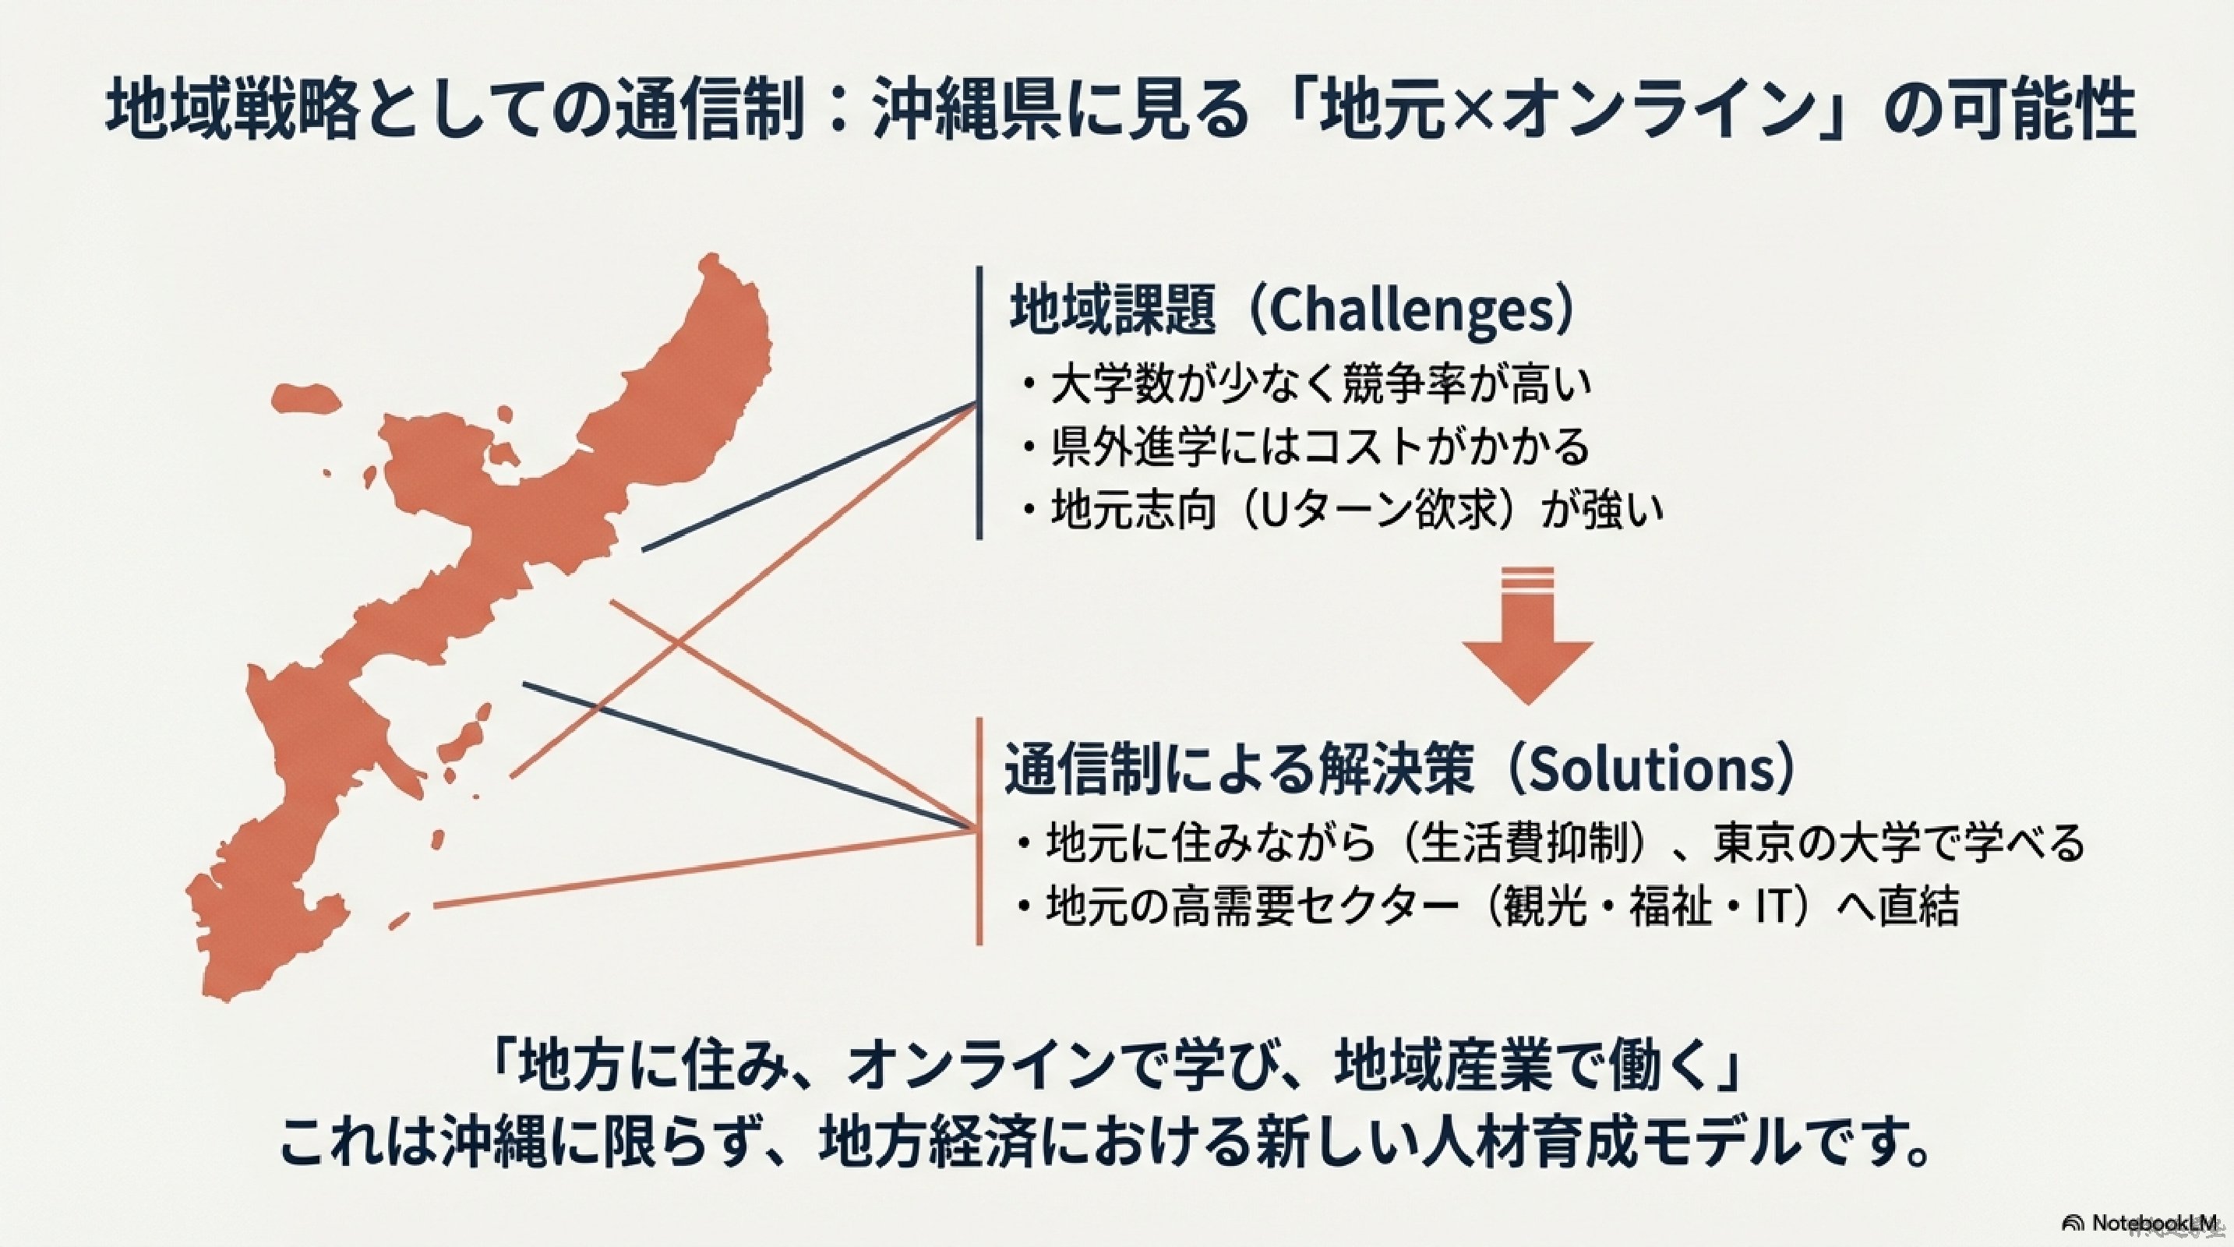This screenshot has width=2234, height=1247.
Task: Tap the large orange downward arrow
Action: (x=1527, y=634)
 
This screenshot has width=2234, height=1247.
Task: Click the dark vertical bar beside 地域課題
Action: (x=980, y=402)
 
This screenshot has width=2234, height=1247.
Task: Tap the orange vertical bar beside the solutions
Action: (x=980, y=831)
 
